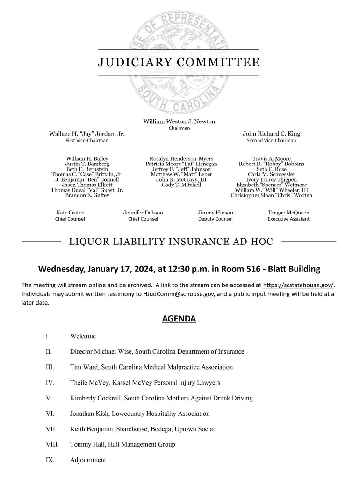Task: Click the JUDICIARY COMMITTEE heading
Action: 178,63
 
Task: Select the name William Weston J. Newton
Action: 179,121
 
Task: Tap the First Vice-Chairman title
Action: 86,140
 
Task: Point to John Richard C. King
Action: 271,134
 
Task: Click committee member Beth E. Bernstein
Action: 87,169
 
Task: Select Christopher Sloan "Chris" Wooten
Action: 271,195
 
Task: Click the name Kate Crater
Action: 70,213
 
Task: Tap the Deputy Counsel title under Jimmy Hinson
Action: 215,219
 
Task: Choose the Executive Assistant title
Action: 288,219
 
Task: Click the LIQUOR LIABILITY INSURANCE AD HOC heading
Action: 171,242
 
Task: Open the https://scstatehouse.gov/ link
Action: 299,285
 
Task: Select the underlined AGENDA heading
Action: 179,319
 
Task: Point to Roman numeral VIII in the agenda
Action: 52,444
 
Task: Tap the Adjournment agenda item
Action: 88,460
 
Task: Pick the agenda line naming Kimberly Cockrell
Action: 161,398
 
